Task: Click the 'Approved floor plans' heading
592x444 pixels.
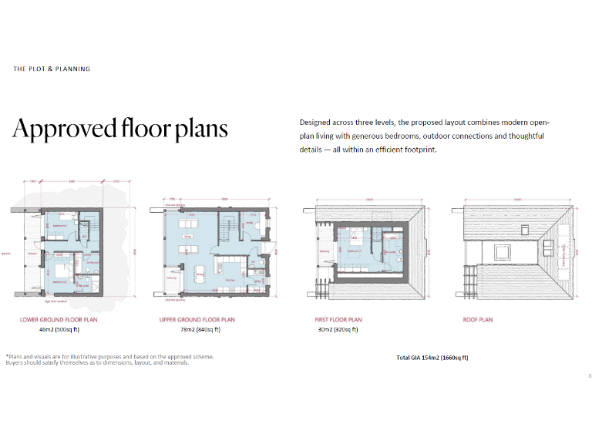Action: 119,128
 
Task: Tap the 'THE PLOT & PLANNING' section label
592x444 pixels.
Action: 52,69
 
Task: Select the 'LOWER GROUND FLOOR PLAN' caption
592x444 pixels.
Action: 59,319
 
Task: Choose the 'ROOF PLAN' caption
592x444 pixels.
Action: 477,319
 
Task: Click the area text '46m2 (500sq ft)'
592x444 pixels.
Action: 59,329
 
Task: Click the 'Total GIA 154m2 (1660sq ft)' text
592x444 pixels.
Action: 432,358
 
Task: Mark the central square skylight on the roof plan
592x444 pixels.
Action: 499,251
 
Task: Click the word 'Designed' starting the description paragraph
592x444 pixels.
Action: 316,123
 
